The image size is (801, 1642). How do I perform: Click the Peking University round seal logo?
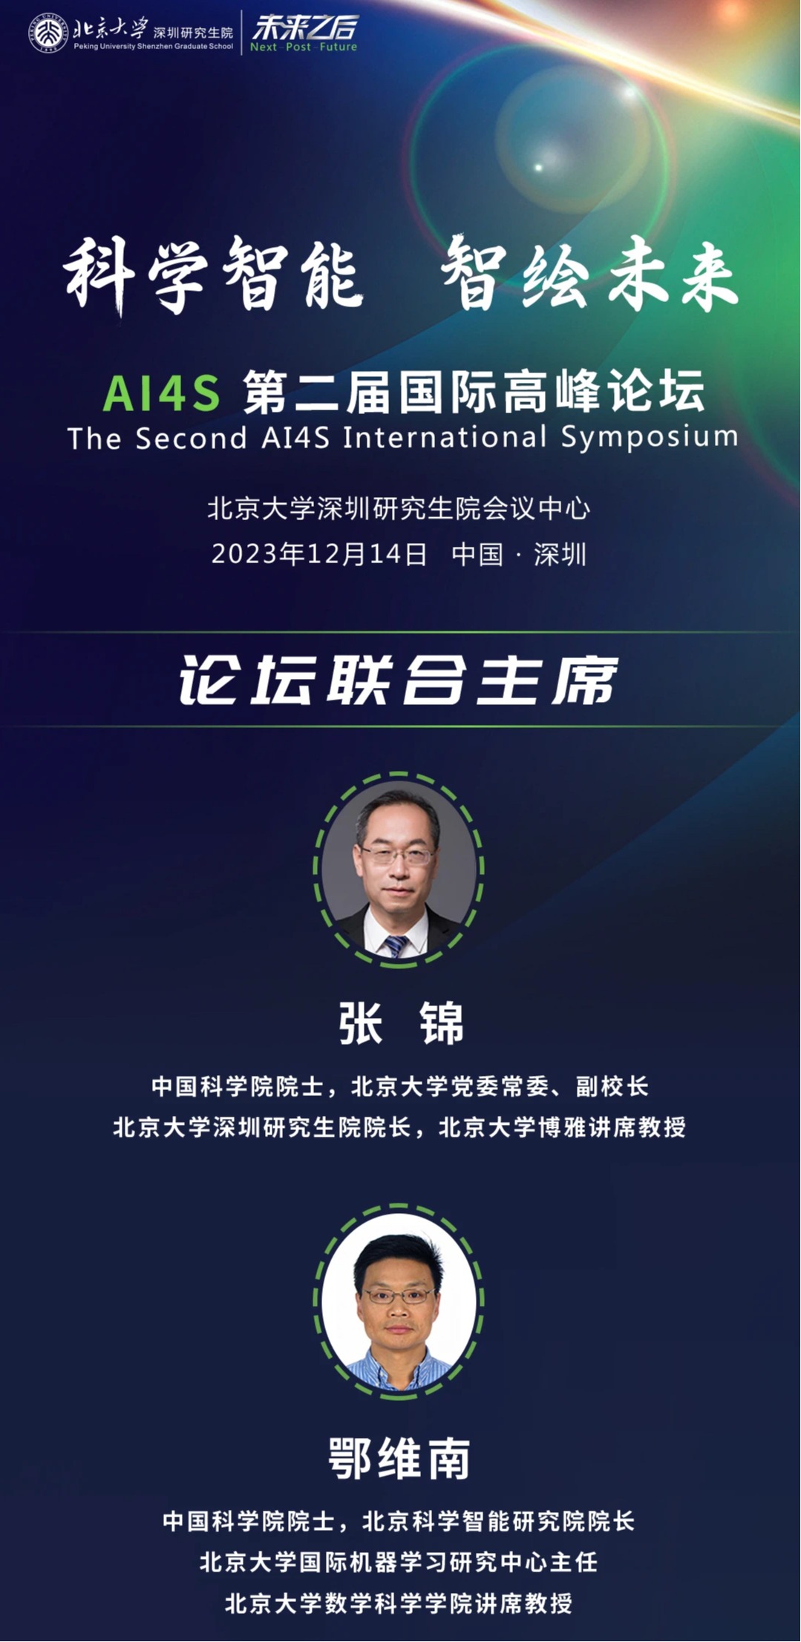tap(48, 33)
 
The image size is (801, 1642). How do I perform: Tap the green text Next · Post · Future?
tap(304, 47)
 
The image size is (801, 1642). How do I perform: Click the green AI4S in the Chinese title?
tap(162, 393)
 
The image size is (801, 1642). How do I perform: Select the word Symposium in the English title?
tap(650, 437)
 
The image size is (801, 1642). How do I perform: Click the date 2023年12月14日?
tap(319, 554)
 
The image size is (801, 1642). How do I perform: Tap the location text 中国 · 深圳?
tap(519, 554)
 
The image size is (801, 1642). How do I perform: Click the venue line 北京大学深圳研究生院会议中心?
tap(399, 508)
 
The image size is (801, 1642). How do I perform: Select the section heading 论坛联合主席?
tap(399, 680)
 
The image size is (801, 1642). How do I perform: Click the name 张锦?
tap(401, 1023)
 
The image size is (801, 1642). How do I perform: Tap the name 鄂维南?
tap(399, 1458)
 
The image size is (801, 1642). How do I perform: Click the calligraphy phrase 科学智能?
tap(213, 275)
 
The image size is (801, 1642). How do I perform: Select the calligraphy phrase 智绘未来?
tap(590, 274)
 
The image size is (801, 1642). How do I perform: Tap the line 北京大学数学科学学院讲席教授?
tap(399, 1603)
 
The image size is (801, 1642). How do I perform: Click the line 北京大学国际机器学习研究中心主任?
tap(399, 1561)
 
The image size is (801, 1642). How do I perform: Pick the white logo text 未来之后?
tap(304, 27)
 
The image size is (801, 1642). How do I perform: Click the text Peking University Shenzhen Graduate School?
tap(154, 46)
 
